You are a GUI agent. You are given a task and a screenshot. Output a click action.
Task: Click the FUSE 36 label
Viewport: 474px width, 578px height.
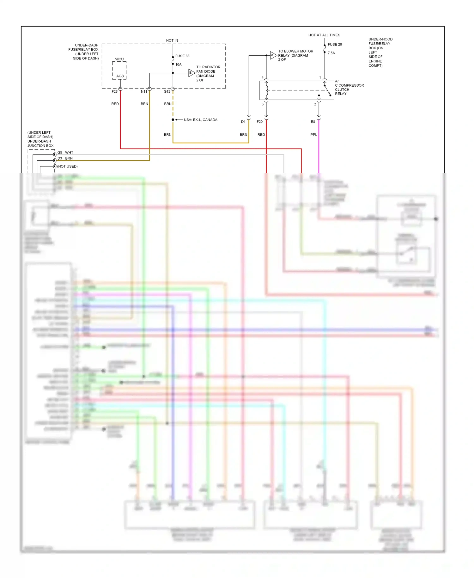[182, 56]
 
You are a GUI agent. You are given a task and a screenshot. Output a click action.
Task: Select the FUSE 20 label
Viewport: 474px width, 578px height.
[335, 45]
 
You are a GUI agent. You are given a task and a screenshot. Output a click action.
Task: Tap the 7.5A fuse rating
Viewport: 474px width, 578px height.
[331, 53]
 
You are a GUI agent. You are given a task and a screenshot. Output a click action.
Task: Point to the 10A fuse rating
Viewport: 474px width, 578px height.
[179, 65]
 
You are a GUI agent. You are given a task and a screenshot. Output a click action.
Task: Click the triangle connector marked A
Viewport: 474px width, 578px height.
[273, 55]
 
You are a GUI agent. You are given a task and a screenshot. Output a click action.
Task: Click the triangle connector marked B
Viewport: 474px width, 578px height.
[191, 73]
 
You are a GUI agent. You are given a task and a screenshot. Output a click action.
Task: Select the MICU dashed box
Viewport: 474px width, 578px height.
[119, 70]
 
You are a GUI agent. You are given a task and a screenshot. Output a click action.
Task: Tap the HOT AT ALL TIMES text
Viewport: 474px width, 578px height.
[324, 35]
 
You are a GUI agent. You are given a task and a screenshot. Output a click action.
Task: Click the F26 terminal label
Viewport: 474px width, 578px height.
[114, 92]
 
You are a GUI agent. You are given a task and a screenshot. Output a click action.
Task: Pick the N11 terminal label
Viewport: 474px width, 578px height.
[144, 92]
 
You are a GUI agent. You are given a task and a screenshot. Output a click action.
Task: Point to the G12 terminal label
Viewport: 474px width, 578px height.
[167, 92]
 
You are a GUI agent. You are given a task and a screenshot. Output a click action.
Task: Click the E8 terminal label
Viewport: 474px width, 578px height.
[313, 122]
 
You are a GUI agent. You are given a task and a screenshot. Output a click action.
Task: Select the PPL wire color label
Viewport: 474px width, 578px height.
[313, 135]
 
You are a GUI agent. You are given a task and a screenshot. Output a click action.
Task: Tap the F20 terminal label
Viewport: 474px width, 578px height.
[260, 122]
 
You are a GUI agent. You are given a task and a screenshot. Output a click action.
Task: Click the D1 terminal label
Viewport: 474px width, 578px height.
[243, 122]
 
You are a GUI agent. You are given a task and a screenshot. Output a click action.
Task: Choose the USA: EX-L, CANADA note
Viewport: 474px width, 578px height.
[200, 120]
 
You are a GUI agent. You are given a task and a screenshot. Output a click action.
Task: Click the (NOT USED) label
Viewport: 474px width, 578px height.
[67, 166]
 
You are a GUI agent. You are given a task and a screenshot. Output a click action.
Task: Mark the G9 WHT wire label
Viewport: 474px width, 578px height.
[65, 152]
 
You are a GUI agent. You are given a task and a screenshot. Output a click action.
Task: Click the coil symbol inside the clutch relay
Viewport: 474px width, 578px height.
[267, 90]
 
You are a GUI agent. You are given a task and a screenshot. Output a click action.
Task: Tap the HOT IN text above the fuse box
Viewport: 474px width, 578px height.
[172, 40]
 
